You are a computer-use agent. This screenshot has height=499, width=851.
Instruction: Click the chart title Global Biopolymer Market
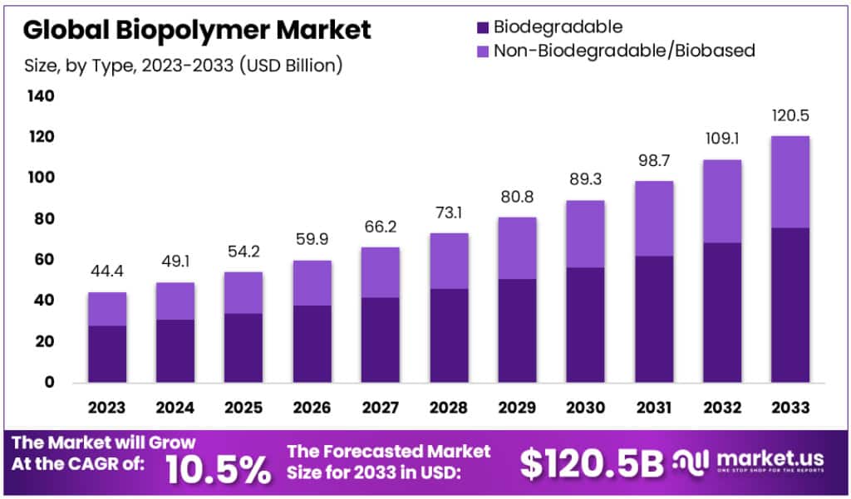pos(197,31)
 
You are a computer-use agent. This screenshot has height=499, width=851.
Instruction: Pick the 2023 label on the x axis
pos(107,408)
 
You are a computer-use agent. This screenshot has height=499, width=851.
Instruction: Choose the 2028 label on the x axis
pos(448,408)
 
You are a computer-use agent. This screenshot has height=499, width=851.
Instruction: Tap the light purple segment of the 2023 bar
pos(107,308)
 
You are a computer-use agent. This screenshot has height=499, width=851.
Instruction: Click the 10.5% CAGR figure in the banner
pos(219,470)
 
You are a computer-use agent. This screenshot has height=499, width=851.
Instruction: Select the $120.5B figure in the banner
pos(592,463)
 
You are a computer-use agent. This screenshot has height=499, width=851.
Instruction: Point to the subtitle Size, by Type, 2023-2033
pos(182,65)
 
